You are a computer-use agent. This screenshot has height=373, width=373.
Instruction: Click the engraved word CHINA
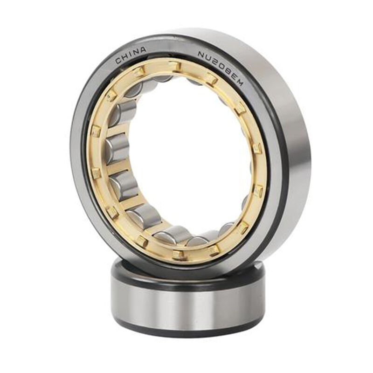[x=131, y=55]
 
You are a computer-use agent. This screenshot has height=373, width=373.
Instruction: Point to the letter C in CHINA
[x=118, y=61]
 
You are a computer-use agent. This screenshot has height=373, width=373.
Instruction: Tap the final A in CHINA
[x=143, y=50]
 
